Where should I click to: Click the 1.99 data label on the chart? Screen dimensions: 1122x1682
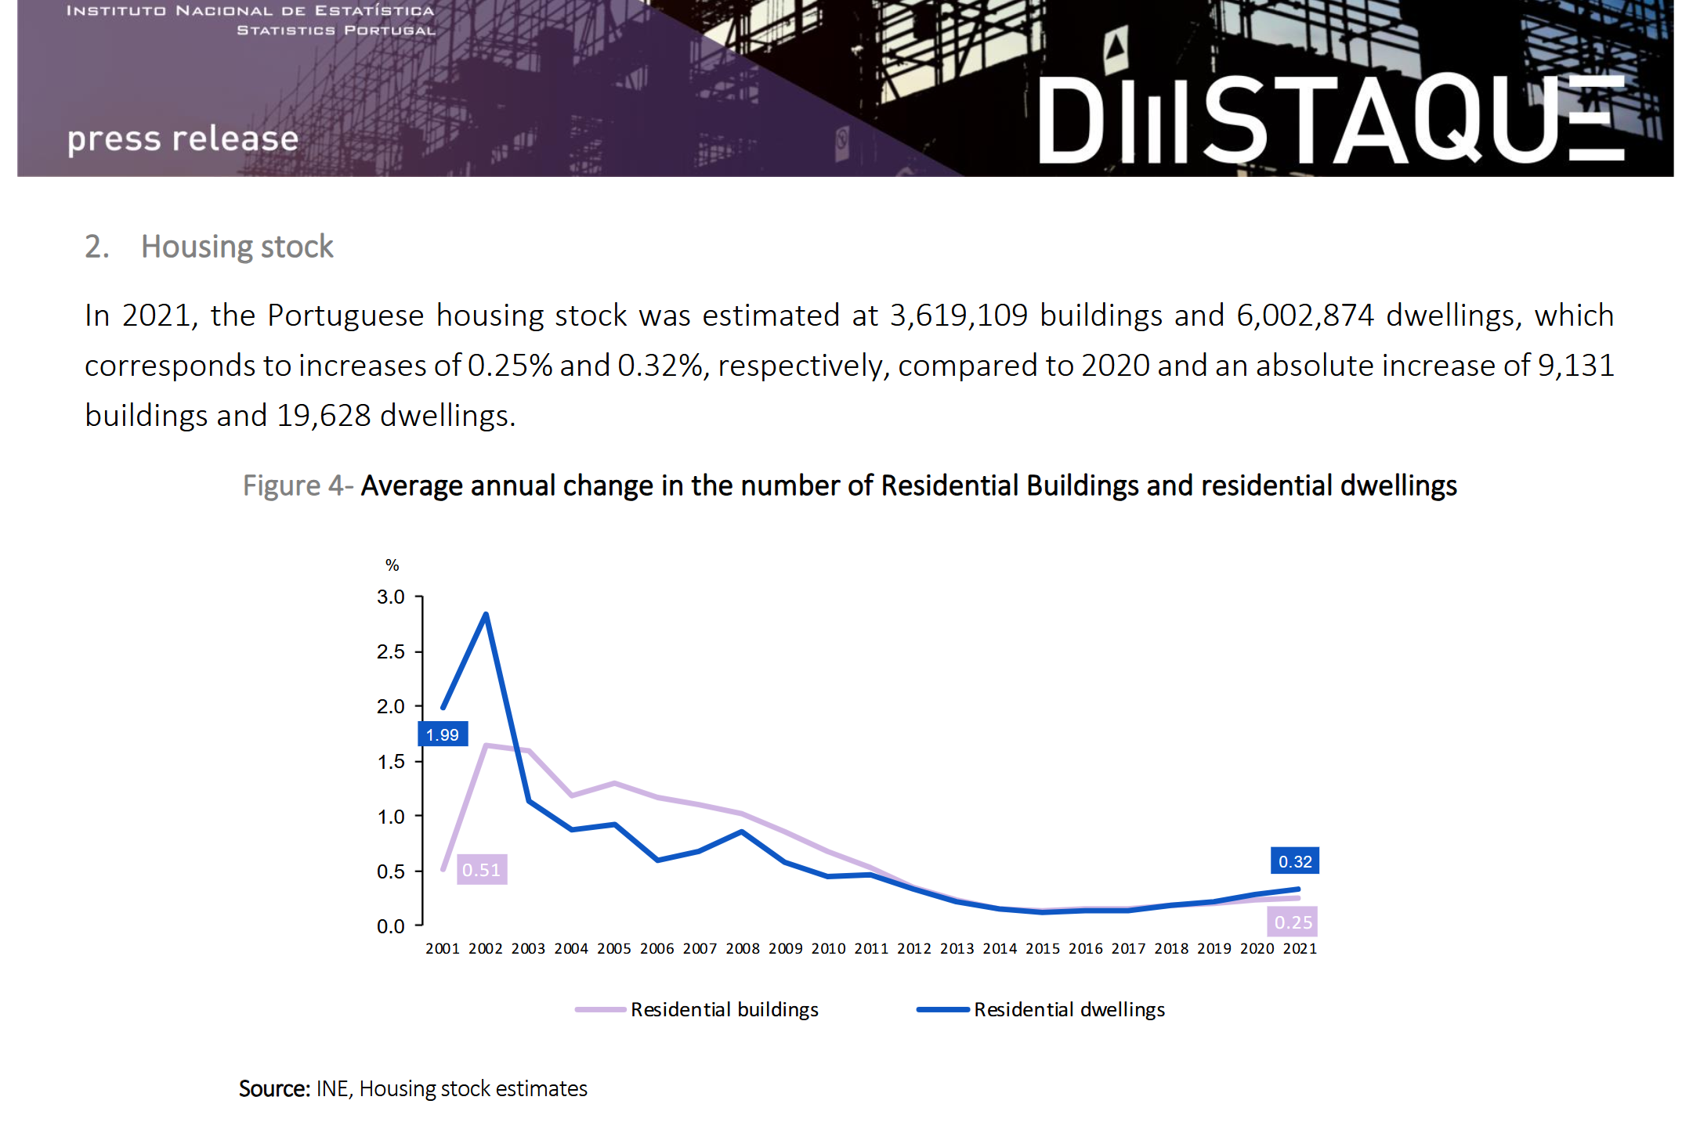[x=443, y=734]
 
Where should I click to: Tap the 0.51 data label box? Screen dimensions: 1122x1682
[x=481, y=869]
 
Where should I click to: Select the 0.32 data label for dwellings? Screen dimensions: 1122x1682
[x=1294, y=861]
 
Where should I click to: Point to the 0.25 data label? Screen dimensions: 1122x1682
[x=1293, y=922]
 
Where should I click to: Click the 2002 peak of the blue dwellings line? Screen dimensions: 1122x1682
[x=486, y=615]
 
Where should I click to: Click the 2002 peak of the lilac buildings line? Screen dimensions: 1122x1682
[x=486, y=745]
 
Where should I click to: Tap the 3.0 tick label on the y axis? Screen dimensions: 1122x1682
[x=390, y=597]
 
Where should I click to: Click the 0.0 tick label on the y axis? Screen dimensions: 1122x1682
[x=390, y=926]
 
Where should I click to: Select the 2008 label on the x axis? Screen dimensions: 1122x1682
[x=743, y=948]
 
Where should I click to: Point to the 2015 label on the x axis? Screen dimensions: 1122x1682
[x=1043, y=948]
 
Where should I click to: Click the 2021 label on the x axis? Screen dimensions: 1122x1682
[x=1300, y=948]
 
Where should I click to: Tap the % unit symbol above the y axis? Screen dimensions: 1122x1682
[x=392, y=565]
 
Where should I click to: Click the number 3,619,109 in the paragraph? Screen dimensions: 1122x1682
[x=958, y=316]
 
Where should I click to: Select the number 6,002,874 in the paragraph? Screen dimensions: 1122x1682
[x=1304, y=316]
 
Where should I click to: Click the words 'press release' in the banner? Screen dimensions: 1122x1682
[x=183, y=139]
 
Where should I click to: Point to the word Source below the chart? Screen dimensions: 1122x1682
[x=273, y=1088]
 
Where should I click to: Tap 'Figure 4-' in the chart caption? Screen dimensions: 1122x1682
[x=298, y=485]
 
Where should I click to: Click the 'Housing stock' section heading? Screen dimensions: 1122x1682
[x=237, y=247]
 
